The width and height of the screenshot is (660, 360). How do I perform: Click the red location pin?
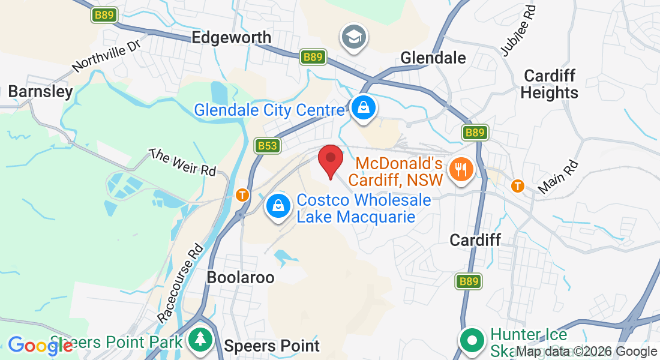[x=330, y=160]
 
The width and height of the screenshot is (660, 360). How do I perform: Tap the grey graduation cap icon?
[x=354, y=37]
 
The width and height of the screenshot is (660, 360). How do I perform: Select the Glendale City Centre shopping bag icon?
[x=364, y=109]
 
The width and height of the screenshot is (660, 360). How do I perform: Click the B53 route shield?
[x=267, y=146]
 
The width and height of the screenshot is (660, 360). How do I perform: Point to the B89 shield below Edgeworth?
[x=313, y=57]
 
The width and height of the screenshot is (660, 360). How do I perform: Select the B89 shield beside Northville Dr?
[x=104, y=15]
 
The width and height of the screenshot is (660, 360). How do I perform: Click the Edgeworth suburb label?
[x=231, y=38]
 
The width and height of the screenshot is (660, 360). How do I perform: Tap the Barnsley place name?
[x=40, y=92]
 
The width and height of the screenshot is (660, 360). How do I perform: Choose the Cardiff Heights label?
[x=549, y=85]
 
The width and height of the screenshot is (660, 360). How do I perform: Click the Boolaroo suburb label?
[x=240, y=278]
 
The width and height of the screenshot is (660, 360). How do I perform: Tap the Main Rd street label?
[x=557, y=176]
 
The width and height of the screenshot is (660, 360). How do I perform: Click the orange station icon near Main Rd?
[x=518, y=186]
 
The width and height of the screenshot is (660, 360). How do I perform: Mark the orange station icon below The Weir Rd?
[x=242, y=194]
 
